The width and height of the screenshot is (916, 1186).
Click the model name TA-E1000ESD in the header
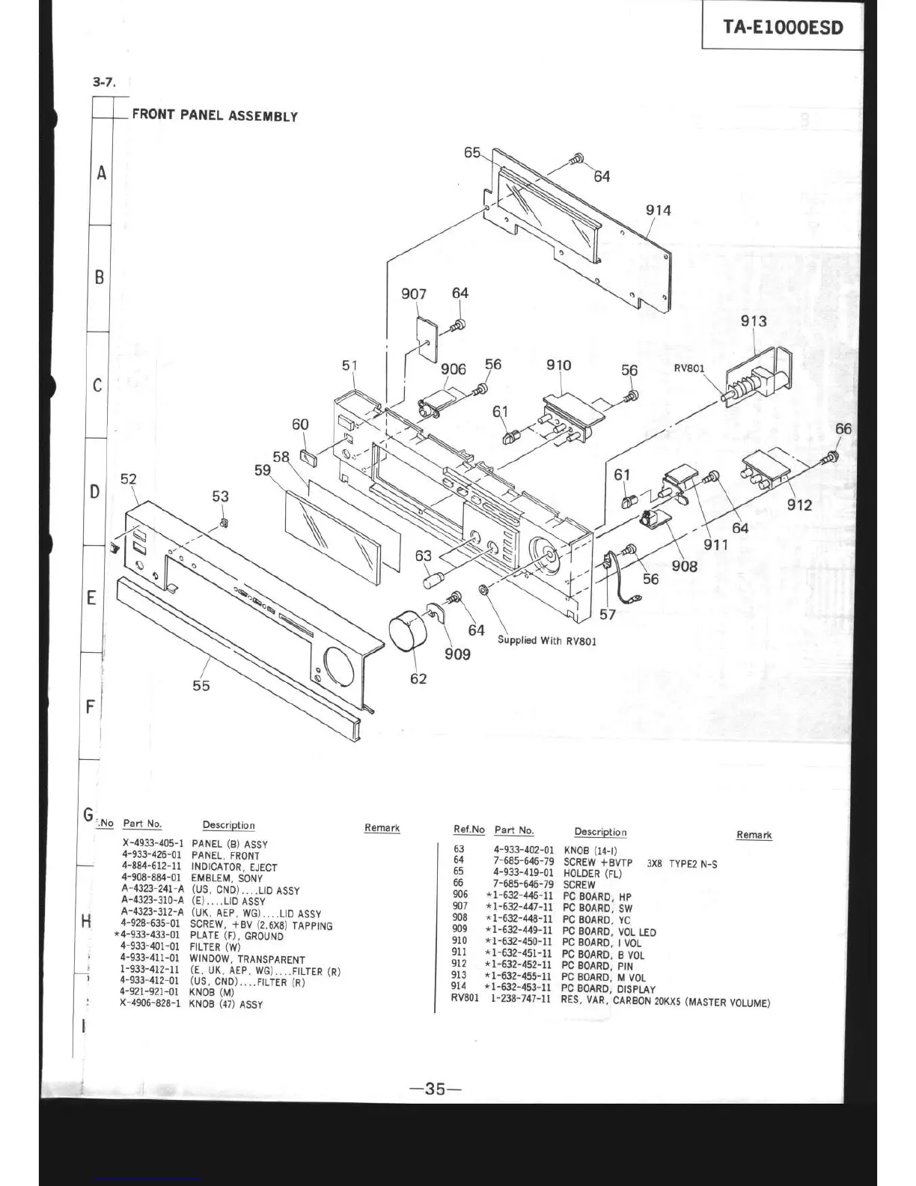pyautogui.click(x=782, y=28)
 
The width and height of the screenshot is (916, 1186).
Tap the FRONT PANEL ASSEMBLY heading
pyautogui.click(x=215, y=115)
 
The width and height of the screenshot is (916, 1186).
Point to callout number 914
pyautogui.click(x=659, y=210)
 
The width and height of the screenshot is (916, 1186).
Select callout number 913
pyautogui.click(x=754, y=321)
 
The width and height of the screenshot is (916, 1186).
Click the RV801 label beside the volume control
pyautogui.click(x=689, y=368)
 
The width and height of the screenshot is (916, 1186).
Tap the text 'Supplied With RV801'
pyautogui.click(x=547, y=641)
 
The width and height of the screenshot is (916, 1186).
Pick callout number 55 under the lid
pyautogui.click(x=201, y=685)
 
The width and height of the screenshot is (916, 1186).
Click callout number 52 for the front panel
pyautogui.click(x=129, y=479)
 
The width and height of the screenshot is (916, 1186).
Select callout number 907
pyautogui.click(x=413, y=294)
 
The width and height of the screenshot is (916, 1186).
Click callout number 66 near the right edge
pyautogui.click(x=843, y=429)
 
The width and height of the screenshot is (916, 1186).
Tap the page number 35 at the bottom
pyautogui.click(x=436, y=1089)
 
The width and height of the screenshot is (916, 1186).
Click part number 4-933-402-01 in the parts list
pyautogui.click(x=524, y=850)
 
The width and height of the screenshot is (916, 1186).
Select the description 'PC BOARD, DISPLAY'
pyautogui.click(x=608, y=989)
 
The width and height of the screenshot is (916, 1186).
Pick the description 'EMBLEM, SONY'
pyautogui.click(x=227, y=878)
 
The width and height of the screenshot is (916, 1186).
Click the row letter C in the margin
pyautogui.click(x=97, y=386)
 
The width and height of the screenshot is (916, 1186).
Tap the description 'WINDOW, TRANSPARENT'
pyautogui.click(x=247, y=959)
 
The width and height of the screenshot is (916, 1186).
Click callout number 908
pyautogui.click(x=684, y=567)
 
